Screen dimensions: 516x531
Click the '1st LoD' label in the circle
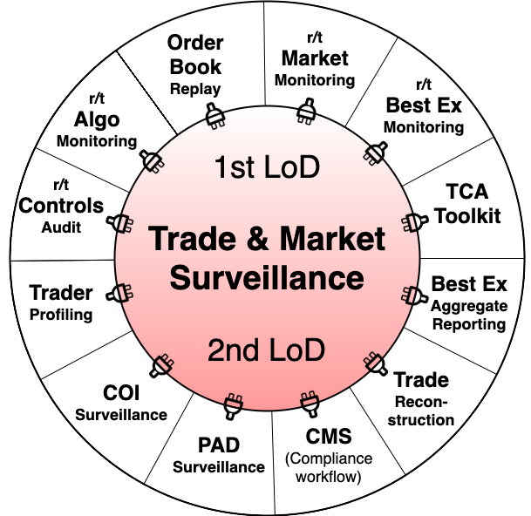pos(266,167)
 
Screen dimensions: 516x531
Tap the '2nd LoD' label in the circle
pos(266,350)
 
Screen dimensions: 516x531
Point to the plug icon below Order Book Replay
pos(212,116)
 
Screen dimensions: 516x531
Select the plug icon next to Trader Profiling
pos(121,294)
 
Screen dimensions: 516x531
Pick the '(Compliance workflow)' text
pos(328,467)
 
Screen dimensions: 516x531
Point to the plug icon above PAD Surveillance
pos(232,404)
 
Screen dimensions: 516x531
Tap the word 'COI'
pos(120,394)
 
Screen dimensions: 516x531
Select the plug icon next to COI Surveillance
pos(162,363)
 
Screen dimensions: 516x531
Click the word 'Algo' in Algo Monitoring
pos(97,119)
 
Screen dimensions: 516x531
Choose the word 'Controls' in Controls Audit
pos(61,207)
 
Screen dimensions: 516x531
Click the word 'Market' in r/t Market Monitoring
pos(315,58)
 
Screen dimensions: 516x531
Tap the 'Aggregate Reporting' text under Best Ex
pos(469,315)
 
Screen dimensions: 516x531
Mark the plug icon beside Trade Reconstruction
pos(375,362)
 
